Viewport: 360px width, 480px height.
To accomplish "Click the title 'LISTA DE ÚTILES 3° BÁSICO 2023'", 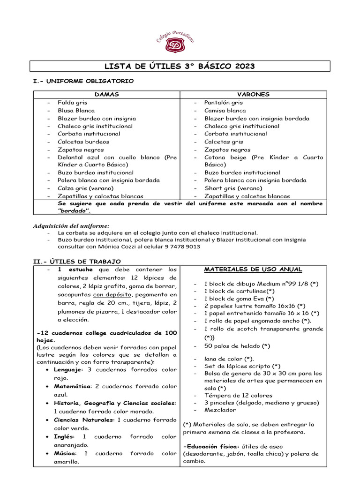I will pos(180,66).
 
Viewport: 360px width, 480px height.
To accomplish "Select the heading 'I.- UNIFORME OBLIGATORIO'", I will pos(83,81).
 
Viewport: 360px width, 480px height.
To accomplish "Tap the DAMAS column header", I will pos(106,95).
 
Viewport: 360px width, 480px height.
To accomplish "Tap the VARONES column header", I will pos(254,95).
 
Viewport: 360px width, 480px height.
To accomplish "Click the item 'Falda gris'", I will pos(72,103).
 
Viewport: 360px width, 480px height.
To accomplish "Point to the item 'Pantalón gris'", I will pos(223,103).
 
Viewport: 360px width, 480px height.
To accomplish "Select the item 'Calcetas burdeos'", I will pos(83,142).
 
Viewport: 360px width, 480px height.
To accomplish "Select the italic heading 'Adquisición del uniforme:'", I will pos(71,225).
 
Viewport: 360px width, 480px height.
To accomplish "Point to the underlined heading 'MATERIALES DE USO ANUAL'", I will pos(253,270).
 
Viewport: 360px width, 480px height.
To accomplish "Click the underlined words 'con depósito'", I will pos(112,295).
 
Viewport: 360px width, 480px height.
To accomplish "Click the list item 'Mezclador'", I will pos(221,409).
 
